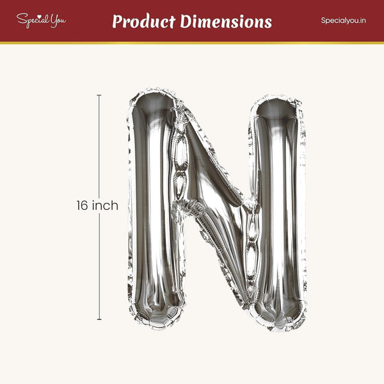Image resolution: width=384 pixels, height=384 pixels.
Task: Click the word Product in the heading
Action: coord(144,21)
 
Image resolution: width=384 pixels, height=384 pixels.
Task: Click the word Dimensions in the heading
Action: coord(226,21)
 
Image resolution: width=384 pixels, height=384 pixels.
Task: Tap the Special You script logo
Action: coord(41,20)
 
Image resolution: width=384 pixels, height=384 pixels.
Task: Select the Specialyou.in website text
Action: coord(343,20)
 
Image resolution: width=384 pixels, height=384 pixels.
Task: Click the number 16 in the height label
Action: coord(82,205)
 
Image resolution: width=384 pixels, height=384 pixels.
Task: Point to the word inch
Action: coord(105,205)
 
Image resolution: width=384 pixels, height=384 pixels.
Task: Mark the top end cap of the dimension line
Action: coord(99,95)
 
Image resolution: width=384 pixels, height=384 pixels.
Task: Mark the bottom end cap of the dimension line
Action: coord(99,319)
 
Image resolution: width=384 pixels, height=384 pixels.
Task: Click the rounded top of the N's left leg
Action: coord(153,100)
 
